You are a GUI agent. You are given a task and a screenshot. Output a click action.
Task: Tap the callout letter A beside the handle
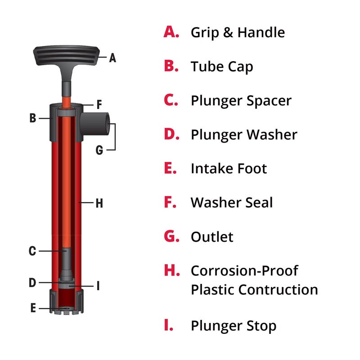tap(112, 58)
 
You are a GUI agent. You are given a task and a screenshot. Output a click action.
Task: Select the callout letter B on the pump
tap(32, 118)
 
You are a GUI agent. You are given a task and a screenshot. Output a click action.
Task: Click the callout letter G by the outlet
tap(99, 150)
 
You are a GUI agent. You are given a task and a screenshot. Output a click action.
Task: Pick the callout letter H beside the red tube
tap(99, 203)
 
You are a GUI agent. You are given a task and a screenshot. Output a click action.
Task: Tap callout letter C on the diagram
tap(32, 251)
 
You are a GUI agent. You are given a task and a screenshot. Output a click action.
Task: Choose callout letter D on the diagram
tap(32, 283)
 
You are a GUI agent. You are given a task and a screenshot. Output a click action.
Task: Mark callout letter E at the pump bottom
tap(32, 309)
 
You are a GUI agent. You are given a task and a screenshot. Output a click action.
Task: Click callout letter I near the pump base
tap(98, 286)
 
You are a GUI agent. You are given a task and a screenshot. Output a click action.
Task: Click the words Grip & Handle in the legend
tap(238, 32)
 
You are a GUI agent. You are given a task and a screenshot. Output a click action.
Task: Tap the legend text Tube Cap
tap(222, 67)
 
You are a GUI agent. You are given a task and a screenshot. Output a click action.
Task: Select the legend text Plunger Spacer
tap(241, 100)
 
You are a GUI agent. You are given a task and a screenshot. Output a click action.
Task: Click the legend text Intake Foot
tap(229, 169)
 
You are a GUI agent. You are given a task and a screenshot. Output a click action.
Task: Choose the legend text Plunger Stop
tap(233, 325)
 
